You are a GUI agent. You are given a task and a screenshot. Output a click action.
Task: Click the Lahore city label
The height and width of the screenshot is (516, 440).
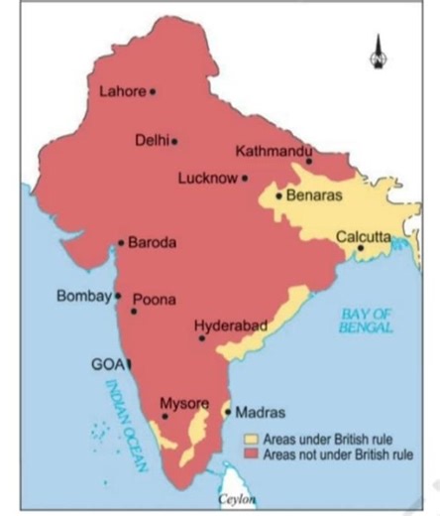123,91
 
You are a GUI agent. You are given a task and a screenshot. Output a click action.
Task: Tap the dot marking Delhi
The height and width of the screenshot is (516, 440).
174,141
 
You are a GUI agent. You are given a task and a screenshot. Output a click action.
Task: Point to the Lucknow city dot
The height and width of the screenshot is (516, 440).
245,179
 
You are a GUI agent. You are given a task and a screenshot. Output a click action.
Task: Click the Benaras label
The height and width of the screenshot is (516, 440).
314,195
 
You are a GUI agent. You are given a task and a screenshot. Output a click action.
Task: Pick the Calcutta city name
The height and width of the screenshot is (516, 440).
365,236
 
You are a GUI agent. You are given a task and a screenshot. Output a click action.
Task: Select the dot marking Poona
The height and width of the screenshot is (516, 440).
134,312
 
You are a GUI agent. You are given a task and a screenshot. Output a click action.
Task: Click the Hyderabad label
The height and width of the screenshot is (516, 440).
230,325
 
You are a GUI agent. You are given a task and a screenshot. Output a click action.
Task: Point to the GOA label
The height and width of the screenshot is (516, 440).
105,364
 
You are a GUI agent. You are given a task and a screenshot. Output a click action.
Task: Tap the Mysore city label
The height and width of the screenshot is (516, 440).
184,403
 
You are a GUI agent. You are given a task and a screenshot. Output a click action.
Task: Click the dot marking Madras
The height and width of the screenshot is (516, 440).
227,411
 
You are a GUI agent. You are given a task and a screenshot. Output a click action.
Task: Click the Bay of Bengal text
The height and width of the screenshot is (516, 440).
365,321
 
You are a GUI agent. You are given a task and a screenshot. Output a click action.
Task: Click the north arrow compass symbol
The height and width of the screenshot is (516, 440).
378,51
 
